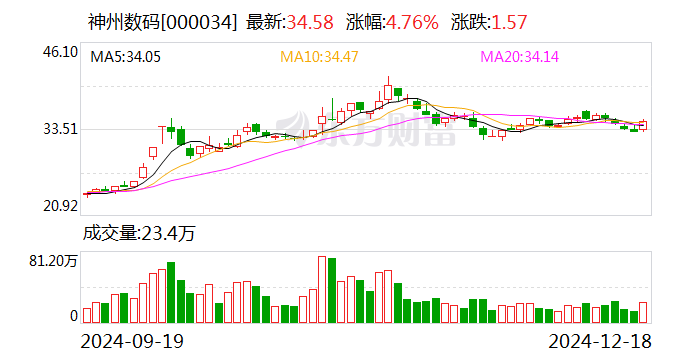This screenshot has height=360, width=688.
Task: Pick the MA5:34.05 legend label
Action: [124, 58]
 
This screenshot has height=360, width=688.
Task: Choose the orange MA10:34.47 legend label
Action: [319, 58]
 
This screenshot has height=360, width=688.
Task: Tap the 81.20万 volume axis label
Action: [54, 260]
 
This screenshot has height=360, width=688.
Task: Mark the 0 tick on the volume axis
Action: [73, 316]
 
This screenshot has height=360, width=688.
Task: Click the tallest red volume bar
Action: [322, 290]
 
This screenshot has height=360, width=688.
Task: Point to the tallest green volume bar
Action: [171, 293]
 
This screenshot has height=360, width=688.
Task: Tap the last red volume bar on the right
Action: [643, 313]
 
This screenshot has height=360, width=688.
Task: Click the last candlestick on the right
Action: [643, 125]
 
